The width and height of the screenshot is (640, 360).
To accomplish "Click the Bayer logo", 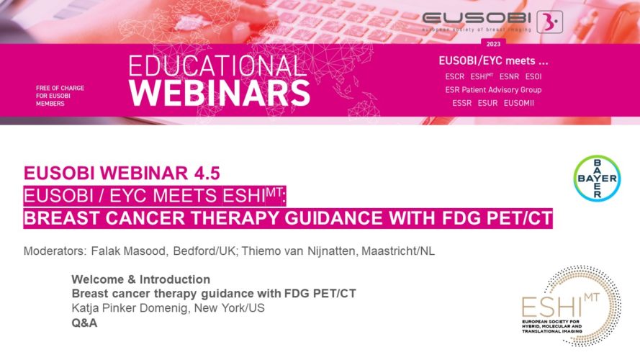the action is click(597, 179).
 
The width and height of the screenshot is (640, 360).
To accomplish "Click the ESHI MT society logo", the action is click(572, 306).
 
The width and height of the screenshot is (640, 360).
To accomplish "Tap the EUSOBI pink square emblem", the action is click(549, 22).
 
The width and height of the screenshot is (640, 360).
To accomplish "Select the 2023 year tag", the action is click(493, 44).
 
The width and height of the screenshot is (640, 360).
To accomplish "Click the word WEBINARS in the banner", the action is click(220, 93).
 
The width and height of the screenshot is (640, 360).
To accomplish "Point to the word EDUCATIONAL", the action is click(217, 66).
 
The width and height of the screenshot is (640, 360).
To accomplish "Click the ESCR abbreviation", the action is click(455, 77).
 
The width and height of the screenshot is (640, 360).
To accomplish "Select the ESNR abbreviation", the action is click(509, 77).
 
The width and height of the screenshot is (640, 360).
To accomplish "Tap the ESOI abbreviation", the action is click(533, 77).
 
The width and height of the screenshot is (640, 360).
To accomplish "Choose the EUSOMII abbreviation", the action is click(519, 103).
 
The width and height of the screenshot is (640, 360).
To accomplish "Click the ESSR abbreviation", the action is click(462, 103).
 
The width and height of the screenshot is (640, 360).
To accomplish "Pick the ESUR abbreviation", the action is click(488, 103).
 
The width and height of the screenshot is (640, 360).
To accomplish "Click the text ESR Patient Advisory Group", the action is click(493, 90).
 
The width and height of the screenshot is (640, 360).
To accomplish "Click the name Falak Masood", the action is click(129, 251).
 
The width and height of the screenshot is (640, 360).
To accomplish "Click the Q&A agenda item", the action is click(84, 323).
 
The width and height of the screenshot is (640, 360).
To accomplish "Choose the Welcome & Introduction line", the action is click(141, 279).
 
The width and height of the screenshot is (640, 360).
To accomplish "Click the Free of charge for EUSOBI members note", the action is click(60, 96).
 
